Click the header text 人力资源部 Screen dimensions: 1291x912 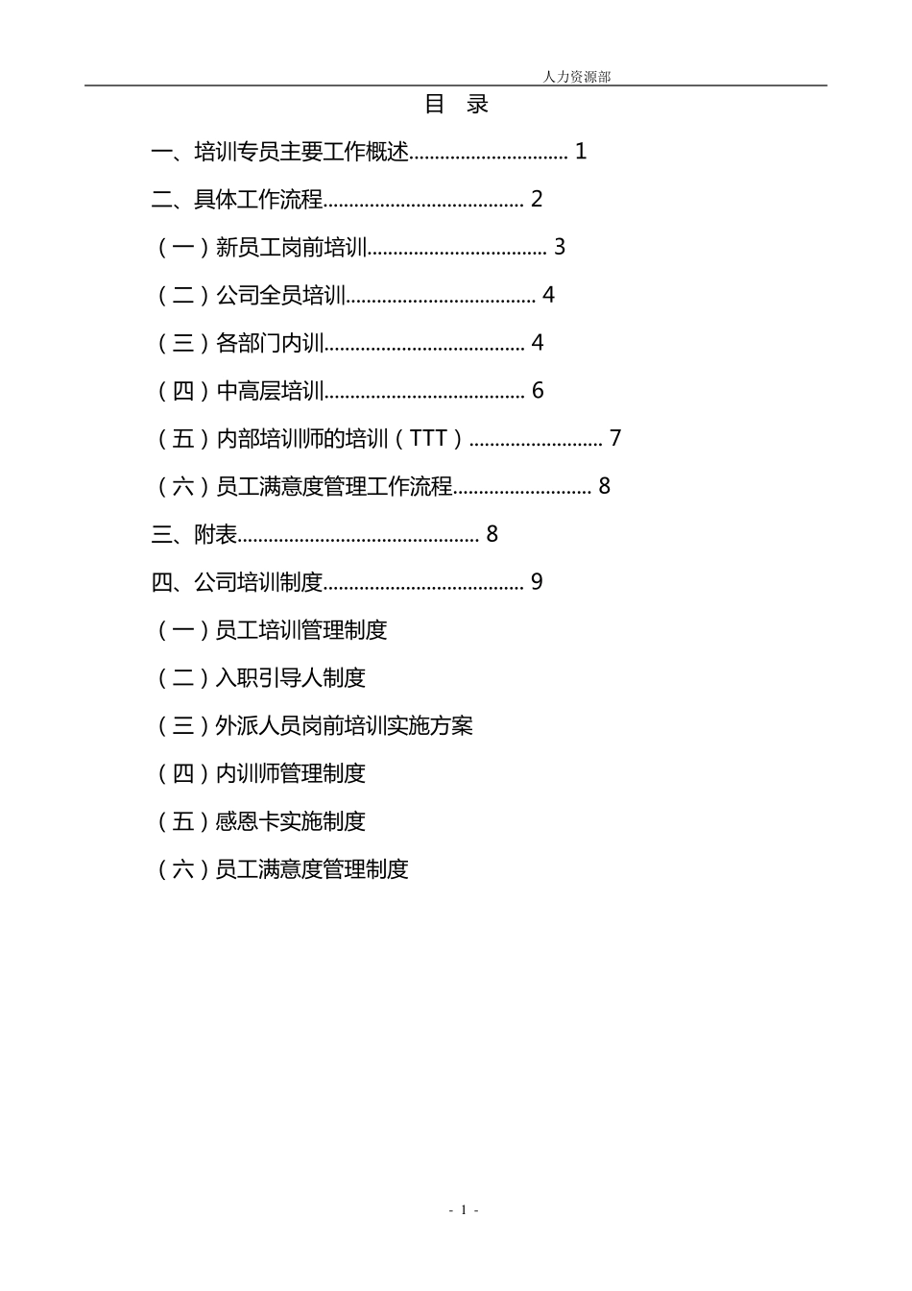(x=576, y=77)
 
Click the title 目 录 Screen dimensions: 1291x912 (x=457, y=105)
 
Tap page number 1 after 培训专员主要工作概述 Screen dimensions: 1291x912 (x=581, y=152)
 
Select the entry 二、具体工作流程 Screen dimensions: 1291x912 (x=237, y=200)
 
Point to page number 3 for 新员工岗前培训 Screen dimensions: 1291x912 (x=560, y=248)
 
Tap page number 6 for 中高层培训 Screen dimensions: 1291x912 (x=538, y=391)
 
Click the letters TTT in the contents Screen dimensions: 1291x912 (x=428, y=439)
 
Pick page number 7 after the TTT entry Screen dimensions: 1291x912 (x=615, y=439)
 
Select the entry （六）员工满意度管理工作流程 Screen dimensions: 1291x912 (x=303, y=487)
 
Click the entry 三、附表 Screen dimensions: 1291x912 (x=195, y=534)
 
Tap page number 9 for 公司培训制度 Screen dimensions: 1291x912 (x=538, y=582)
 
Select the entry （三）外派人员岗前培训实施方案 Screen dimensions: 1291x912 (x=314, y=726)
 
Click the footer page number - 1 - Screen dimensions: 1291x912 (x=464, y=1210)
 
